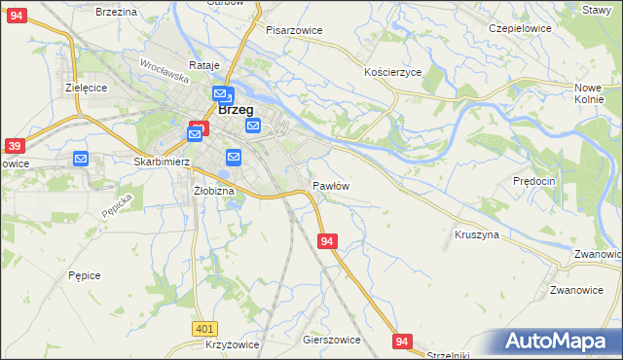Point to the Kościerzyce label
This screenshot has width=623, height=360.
pos(392,73)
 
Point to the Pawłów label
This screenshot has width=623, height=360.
pos(331,185)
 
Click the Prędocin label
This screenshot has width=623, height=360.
pos(533,181)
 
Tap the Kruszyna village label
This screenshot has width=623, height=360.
pos(476,234)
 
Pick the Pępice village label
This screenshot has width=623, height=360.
pos(85,275)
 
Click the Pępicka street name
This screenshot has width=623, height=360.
pos(116,203)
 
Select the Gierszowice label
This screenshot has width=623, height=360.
pos(332,340)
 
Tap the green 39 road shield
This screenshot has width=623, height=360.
pos(14,146)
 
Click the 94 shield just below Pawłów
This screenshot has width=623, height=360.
pos(327,240)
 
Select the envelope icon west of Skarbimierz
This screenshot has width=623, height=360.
pos(81,158)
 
